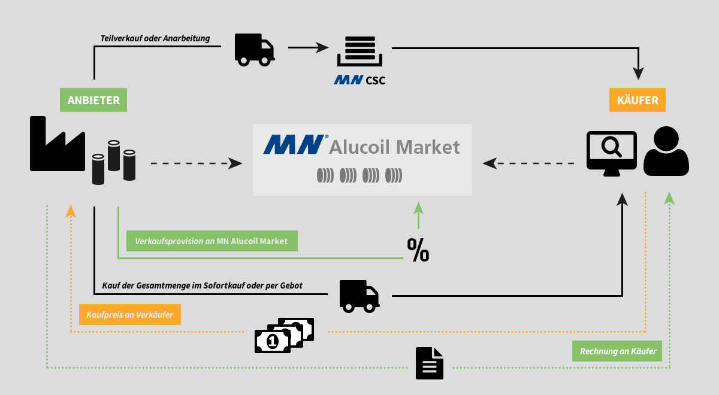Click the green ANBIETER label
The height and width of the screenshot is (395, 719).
pyautogui.click(x=93, y=100)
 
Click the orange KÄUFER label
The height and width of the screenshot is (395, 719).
pyautogui.click(x=638, y=100)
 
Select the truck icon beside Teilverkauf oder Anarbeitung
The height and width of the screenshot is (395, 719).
pyautogui.click(x=254, y=49)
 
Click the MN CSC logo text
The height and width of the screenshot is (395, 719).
pyautogui.click(x=359, y=80)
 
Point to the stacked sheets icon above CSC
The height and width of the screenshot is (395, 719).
pyautogui.click(x=359, y=51)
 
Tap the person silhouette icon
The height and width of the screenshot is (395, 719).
pyautogui.click(x=666, y=151)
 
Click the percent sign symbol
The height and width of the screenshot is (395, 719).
pyautogui.click(x=418, y=250)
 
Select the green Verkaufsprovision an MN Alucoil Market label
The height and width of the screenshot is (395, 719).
pyautogui.click(x=212, y=241)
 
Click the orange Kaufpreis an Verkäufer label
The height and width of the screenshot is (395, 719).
pyautogui.click(x=129, y=314)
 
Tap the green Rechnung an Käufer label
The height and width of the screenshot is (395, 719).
pyautogui.click(x=617, y=351)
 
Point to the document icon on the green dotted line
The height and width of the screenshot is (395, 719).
pyautogui.click(x=430, y=363)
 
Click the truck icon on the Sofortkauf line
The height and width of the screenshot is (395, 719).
pyautogui.click(x=359, y=296)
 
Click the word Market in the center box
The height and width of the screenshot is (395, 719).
pyautogui.click(x=429, y=147)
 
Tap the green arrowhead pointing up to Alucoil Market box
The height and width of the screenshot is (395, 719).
pyautogui.click(x=418, y=208)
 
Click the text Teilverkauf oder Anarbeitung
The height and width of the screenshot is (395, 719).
pyautogui.click(x=155, y=38)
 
